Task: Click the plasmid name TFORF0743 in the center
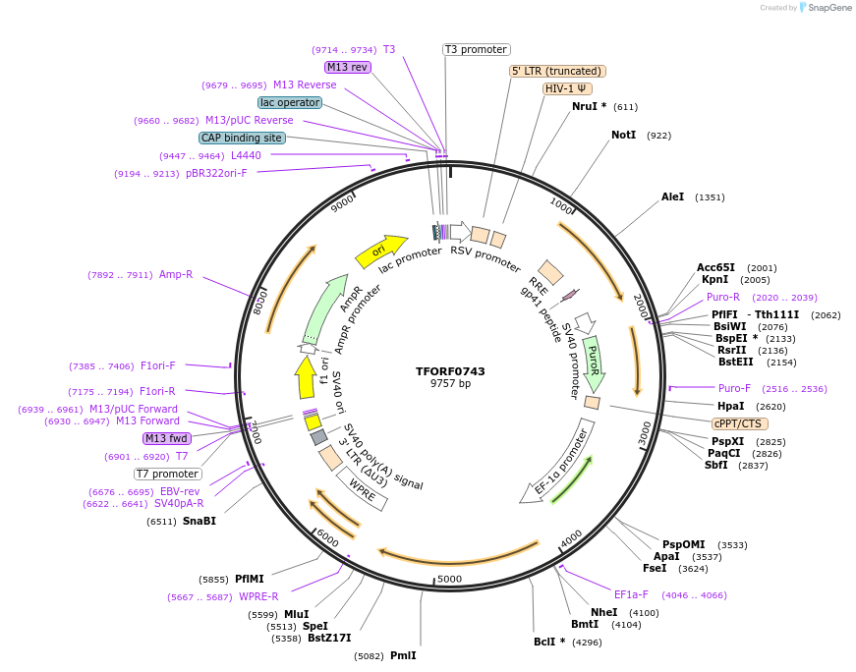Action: pyautogui.click(x=450, y=371)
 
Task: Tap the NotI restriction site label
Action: pyautogui.click(x=623, y=135)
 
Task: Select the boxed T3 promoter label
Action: pyautogui.click(x=476, y=49)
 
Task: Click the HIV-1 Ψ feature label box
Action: pyautogui.click(x=567, y=88)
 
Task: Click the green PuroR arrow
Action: pyautogui.click(x=592, y=361)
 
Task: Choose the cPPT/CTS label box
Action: pyautogui.click(x=737, y=423)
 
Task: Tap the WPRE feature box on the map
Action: pyautogui.click(x=363, y=487)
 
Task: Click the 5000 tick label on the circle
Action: pyautogui.click(x=449, y=579)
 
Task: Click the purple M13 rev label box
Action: pyautogui.click(x=347, y=67)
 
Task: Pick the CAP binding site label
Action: pyautogui.click(x=242, y=139)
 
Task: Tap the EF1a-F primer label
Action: pyautogui.click(x=631, y=594)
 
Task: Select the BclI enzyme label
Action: pyautogui.click(x=548, y=643)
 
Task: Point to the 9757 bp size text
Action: pyautogui.click(x=450, y=384)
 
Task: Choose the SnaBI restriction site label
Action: pyautogui.click(x=199, y=521)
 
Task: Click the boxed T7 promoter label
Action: pyautogui.click(x=168, y=474)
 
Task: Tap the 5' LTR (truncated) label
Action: pyautogui.click(x=557, y=71)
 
